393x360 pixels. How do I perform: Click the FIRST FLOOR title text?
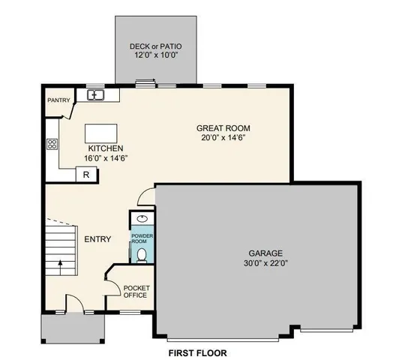pyautogui.click(x=197, y=352)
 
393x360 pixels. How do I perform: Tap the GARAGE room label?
pyautogui.click(x=266, y=253)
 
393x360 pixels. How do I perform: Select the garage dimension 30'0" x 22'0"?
pyautogui.click(x=266, y=262)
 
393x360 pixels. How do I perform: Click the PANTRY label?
pyautogui.click(x=58, y=100)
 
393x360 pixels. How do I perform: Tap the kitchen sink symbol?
pyautogui.click(x=95, y=94)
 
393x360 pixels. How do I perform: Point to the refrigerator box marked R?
pyautogui.click(x=86, y=175)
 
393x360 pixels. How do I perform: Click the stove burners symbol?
pyautogui.click(x=52, y=144)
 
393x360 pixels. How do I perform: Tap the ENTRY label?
pyautogui.click(x=97, y=239)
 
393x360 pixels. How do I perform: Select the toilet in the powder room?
pyautogui.click(x=142, y=254)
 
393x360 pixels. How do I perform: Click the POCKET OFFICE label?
pyautogui.click(x=136, y=291)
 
